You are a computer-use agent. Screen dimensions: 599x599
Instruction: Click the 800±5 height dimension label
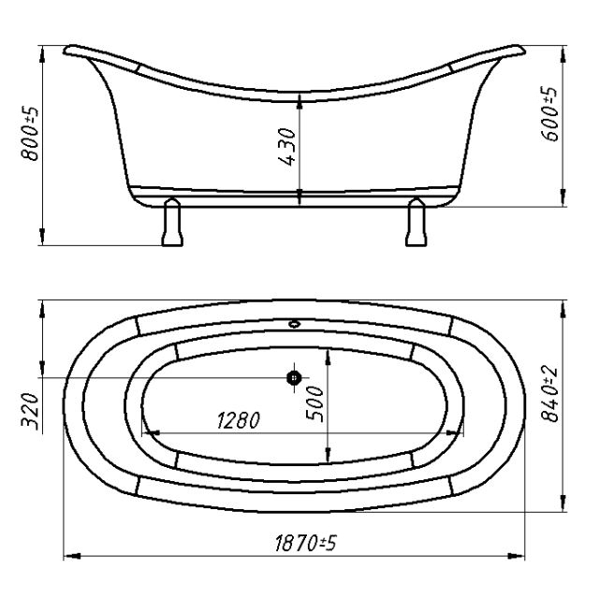[x=30, y=134]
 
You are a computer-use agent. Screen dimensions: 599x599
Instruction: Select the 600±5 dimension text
[x=549, y=114]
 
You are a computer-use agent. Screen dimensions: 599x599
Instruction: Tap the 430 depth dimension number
[x=287, y=147]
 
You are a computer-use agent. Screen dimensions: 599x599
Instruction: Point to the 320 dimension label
[x=30, y=412]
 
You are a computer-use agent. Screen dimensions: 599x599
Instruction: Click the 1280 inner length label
[x=239, y=420]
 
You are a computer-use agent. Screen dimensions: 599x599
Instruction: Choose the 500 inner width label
[x=315, y=403]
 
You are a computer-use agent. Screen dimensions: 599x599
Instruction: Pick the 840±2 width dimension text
[x=549, y=395]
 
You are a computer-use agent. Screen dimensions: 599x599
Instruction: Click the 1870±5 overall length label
[x=306, y=543]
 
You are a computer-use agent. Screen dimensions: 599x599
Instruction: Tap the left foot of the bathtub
[x=172, y=222]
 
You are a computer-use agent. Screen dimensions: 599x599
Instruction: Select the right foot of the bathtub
[x=416, y=222]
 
